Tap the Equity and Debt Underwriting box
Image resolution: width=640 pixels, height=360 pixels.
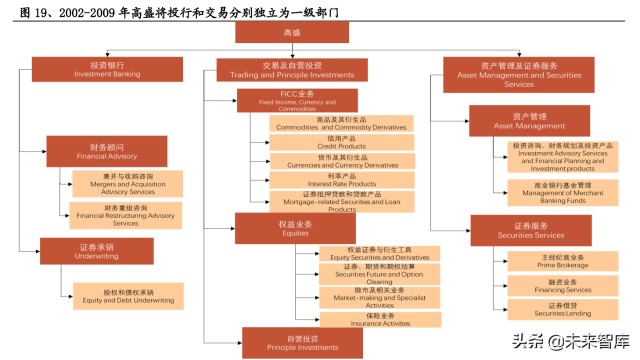pos(127,296)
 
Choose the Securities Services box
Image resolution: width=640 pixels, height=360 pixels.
pos(530,230)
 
